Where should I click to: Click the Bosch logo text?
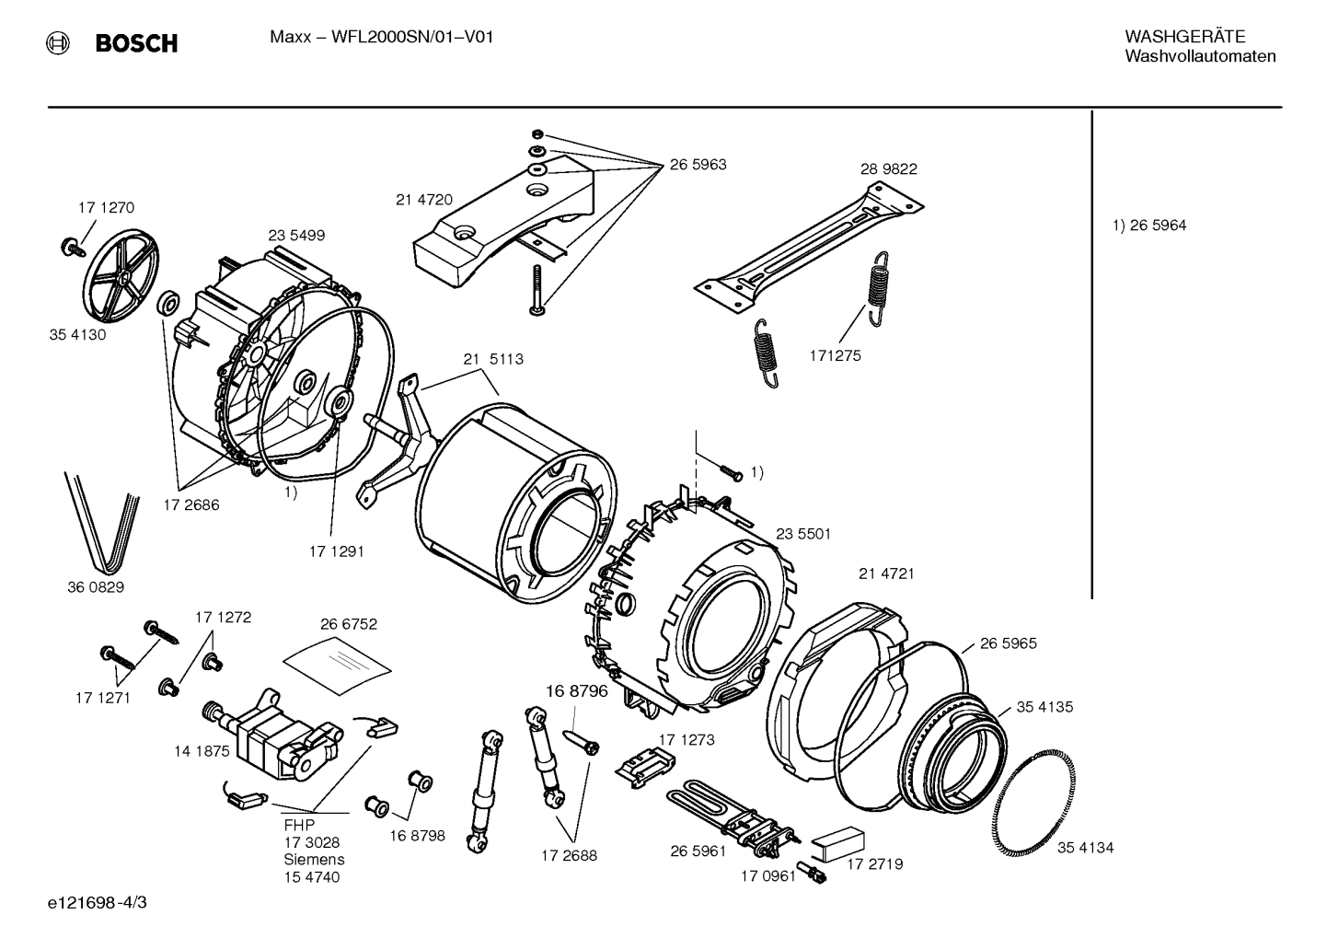coord(136,43)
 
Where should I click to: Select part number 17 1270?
coord(106,208)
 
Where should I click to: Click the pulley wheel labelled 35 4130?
coord(121,272)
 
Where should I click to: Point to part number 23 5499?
coord(296,236)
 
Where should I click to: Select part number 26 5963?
coord(698,165)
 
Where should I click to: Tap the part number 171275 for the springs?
coord(836,355)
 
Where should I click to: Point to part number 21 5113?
coord(493,359)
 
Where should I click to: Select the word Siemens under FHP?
coord(314,860)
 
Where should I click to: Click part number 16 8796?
coord(577,691)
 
